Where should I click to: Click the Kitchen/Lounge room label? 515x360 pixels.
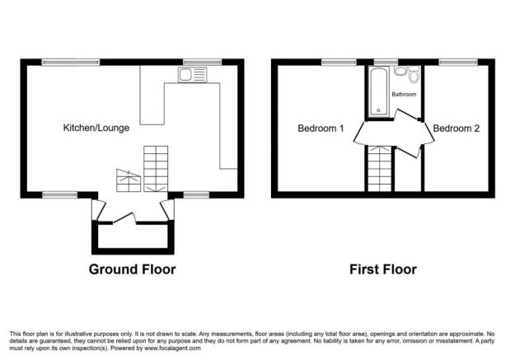96,128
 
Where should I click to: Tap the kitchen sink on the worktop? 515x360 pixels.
192,77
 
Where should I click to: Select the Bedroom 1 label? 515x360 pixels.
321,128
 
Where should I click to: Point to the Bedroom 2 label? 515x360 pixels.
456,128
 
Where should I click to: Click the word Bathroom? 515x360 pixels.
404,95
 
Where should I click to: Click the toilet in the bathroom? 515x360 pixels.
414,77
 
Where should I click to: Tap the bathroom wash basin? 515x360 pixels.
400,72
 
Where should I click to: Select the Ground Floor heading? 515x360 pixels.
132,269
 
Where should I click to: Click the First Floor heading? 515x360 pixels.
382,269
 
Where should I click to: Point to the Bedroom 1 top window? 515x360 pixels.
333,62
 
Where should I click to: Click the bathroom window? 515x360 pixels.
382,62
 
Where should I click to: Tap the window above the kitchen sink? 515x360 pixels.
196,62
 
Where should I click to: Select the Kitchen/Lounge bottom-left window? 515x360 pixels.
56,195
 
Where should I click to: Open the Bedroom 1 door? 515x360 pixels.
361,133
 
